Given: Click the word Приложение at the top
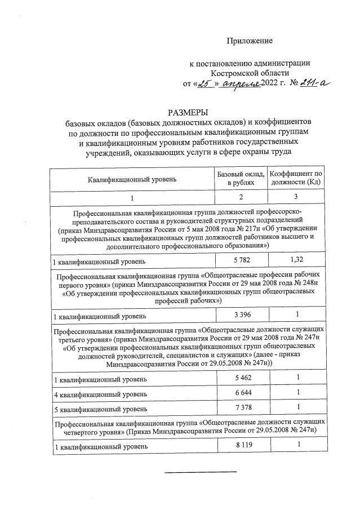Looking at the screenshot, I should coord(250,41).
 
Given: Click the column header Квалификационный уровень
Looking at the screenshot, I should coord(132,179).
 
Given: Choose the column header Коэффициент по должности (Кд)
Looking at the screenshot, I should coord(296,179).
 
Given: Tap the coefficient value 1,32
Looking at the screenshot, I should coord(296,260).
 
